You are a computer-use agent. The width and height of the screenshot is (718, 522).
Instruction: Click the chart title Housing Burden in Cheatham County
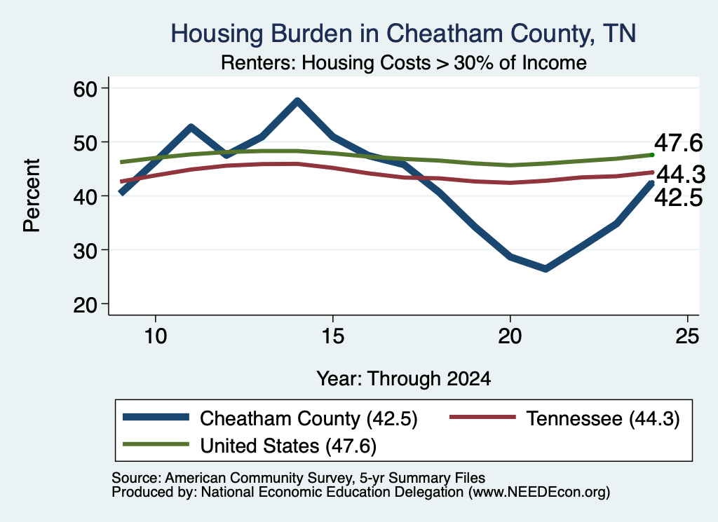click(403, 34)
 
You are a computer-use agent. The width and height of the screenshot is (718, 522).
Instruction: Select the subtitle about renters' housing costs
click(403, 62)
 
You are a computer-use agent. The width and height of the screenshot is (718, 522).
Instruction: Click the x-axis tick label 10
click(156, 336)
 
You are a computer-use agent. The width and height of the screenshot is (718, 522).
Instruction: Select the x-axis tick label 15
click(333, 336)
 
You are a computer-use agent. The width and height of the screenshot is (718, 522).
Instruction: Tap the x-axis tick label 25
click(687, 336)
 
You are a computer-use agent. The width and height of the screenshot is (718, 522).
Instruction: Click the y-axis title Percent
click(32, 195)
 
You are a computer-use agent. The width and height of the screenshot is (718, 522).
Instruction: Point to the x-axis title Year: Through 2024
click(403, 379)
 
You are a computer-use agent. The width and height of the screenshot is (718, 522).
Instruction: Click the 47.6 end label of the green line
click(678, 143)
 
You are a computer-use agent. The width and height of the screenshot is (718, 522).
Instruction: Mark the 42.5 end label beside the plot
click(678, 198)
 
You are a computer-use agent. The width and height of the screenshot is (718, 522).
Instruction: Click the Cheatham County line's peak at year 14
click(297, 101)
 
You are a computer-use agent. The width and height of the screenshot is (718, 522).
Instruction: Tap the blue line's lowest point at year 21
click(546, 268)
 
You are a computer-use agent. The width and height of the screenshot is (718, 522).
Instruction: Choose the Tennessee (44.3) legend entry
click(565, 418)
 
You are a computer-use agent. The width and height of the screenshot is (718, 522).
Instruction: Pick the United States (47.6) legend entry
click(250, 446)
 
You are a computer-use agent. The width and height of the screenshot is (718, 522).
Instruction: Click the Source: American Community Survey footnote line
click(298, 478)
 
